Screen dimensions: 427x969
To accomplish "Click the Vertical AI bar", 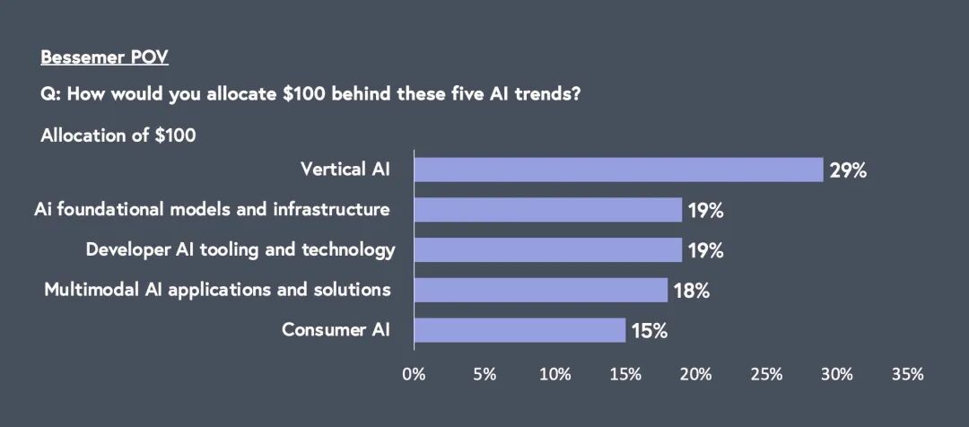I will coord(618,170).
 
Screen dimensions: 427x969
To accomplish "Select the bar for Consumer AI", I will coord(519,330).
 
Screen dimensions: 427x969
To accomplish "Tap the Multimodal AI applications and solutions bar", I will coord(541,290).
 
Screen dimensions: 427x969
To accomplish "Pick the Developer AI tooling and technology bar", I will coord(547,249).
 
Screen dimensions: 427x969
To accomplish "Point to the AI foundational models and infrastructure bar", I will coord(547,210).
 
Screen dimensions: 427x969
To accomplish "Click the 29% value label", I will coord(848,170).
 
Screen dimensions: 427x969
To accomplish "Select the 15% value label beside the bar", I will coord(649,331).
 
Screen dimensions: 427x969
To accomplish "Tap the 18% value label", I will coord(691,291).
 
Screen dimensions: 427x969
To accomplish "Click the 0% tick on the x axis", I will coord(414,374).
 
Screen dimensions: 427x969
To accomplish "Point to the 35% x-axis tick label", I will coord(907,374).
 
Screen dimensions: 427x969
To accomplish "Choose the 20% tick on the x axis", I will coord(695,374).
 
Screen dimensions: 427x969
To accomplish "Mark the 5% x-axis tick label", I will coord(484,374).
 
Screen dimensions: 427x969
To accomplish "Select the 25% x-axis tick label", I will coord(766,374).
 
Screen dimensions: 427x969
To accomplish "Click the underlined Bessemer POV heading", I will coord(104,58).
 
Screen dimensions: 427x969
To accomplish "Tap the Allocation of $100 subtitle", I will coord(118,136).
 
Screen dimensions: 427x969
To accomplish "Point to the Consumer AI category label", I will coord(336,329).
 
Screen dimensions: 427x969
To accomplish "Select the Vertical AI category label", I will coord(345,169).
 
